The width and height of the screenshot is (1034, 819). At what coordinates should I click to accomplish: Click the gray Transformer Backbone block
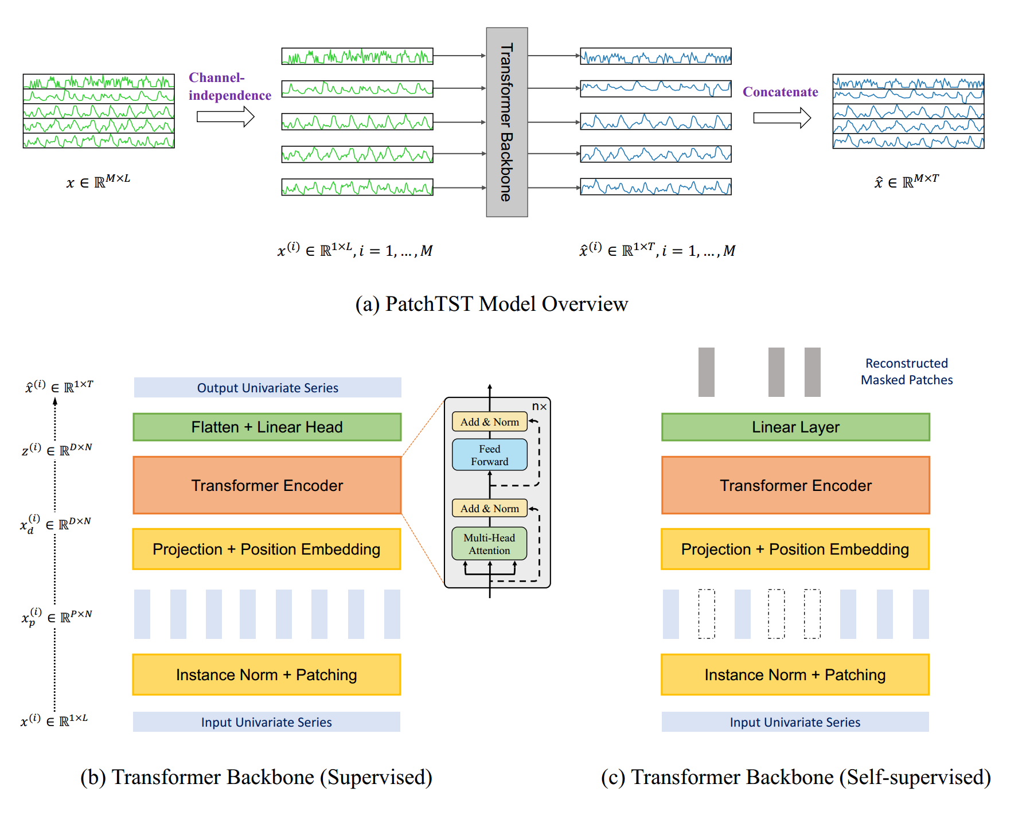(506, 122)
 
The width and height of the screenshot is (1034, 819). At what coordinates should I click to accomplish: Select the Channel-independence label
(229, 87)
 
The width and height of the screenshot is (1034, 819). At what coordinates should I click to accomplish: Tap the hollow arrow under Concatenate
(782, 118)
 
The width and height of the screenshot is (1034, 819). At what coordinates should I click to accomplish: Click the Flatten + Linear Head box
(267, 427)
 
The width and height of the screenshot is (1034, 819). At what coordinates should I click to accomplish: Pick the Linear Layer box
(795, 427)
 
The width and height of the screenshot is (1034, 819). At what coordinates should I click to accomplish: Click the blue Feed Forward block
(489, 455)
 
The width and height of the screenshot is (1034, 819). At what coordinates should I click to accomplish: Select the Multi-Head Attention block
(489, 544)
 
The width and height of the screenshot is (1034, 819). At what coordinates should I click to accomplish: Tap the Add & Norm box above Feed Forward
(489, 422)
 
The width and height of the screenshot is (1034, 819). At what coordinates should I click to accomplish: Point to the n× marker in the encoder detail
(539, 407)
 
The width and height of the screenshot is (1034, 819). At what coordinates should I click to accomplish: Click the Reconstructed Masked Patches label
(906, 372)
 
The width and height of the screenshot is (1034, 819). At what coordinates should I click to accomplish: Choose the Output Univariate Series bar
(267, 388)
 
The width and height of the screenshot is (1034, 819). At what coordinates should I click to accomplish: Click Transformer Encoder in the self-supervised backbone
(795, 485)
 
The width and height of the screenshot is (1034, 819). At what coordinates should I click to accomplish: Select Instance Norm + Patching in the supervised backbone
(267, 675)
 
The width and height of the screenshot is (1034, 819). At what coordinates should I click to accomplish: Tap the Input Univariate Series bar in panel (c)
(795, 722)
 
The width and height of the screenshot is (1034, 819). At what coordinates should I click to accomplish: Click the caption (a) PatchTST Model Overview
(491, 304)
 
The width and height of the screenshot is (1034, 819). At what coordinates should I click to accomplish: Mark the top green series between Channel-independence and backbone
(357, 56)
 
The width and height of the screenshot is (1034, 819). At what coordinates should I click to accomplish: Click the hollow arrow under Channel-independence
(225, 117)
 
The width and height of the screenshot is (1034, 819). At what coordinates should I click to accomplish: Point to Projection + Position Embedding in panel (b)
(267, 549)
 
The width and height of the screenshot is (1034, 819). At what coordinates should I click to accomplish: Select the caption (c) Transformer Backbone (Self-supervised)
(795, 777)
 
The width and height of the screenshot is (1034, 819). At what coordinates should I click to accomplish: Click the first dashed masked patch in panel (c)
(707, 614)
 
